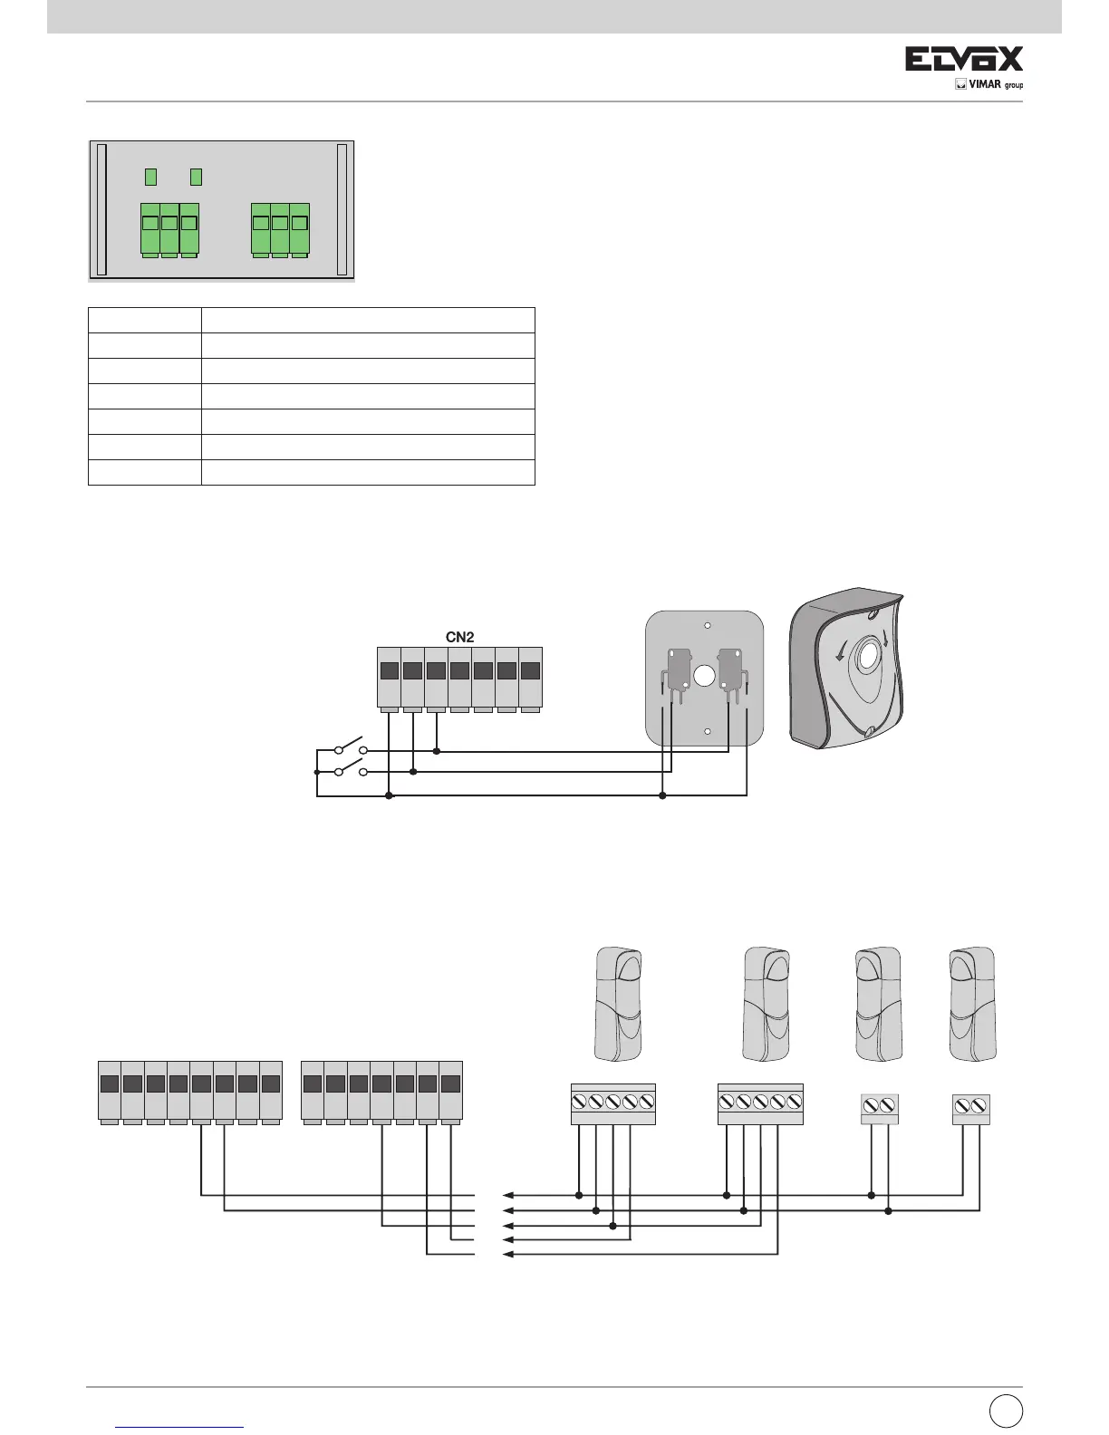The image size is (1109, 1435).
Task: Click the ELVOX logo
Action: point(964,60)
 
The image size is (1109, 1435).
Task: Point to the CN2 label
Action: point(459,637)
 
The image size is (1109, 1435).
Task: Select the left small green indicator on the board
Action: point(151,176)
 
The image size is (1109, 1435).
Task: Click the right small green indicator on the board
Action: point(196,176)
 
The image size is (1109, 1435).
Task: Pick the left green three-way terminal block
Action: point(169,229)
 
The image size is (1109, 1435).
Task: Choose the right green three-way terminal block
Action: point(280,229)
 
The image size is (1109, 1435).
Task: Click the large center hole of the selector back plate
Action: point(703,675)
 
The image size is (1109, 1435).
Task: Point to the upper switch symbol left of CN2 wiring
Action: point(349,749)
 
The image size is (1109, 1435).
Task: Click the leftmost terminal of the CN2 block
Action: point(389,677)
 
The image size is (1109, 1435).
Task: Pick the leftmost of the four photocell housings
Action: point(618,1003)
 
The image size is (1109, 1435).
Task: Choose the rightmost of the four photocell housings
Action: point(971,1003)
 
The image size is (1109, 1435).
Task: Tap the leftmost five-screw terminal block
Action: point(612,1103)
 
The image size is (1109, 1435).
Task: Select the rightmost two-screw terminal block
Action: point(971,1109)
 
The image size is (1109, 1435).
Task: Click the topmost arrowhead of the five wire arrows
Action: point(507,1195)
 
